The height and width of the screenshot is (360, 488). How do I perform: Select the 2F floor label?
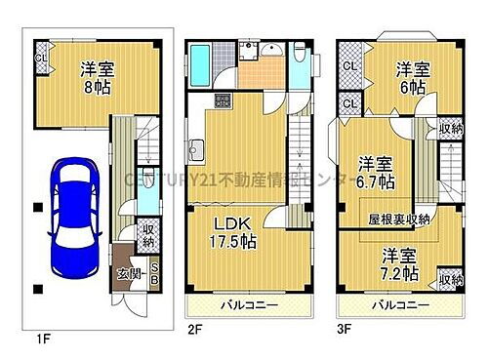click(194, 330)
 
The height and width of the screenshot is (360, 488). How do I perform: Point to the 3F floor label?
click(346, 330)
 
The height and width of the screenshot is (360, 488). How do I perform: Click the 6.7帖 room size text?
click(376, 181)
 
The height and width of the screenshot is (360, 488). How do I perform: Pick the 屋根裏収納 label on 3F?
click(400, 219)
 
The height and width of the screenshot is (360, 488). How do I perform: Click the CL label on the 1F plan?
click(40, 58)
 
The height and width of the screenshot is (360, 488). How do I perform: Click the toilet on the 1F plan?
click(145, 199)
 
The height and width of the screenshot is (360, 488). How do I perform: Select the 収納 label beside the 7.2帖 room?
click(450, 280)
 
